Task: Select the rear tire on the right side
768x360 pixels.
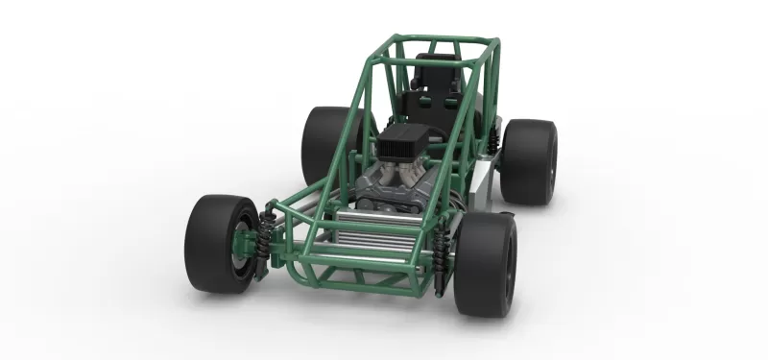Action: tap(529, 161)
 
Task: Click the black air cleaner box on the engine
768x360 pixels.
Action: tap(402, 144)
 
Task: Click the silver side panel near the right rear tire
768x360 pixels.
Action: tap(485, 182)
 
